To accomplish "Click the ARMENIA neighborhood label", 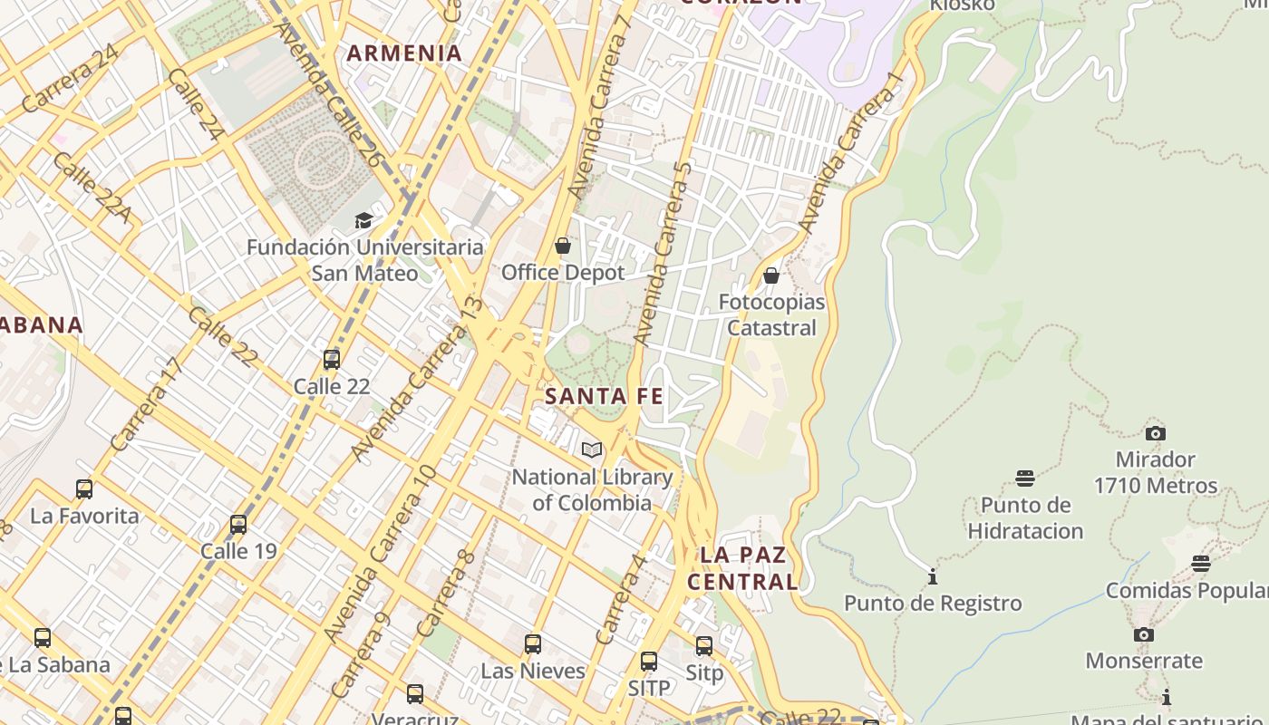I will (404, 53).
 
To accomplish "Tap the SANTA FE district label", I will (604, 396).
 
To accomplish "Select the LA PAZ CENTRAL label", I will (743, 568).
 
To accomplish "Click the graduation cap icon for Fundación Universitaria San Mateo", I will (363, 220).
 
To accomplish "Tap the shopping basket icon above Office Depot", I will (563, 246).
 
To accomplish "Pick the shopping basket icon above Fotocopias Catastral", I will (771, 275).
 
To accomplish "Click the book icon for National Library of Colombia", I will (592, 449).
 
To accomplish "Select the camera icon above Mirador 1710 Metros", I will (1155, 433).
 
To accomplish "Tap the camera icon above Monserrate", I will (1144, 634).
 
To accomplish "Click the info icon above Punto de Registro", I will (933, 576).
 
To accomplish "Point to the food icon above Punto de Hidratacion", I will (1025, 478).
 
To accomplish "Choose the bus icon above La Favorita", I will (84, 489).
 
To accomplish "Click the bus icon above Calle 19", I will (238, 525).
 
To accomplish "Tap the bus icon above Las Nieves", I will (533, 644).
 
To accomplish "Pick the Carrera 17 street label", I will (147, 405).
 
